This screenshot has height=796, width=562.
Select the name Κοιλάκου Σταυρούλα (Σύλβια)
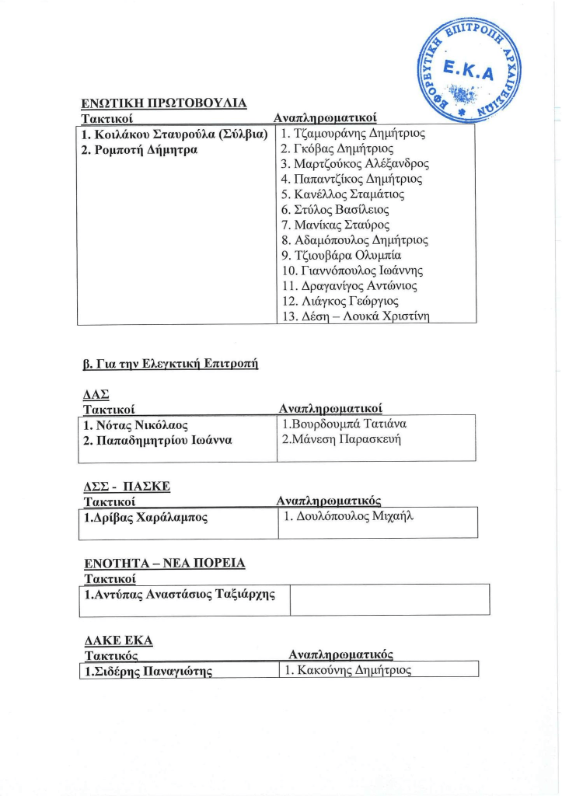click(175, 134)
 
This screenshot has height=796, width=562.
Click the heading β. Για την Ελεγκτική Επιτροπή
click(170, 362)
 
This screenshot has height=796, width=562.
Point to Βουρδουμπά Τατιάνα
click(345, 424)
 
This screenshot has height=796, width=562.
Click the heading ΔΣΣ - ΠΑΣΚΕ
click(126, 487)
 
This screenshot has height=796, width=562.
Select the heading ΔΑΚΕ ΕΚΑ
click(117, 641)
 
